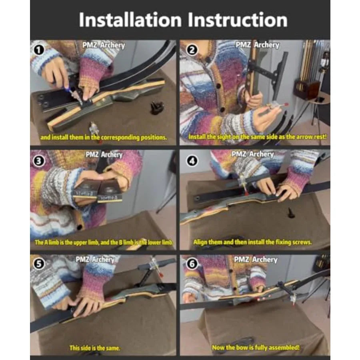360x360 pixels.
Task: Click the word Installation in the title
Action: [130, 20]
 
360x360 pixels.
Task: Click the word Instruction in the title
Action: [238, 20]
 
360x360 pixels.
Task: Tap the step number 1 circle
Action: [38, 50]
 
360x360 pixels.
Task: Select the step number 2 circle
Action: [192, 50]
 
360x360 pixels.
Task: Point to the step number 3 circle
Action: [38, 161]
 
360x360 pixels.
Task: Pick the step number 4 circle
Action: [192, 161]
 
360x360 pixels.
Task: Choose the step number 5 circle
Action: [38, 264]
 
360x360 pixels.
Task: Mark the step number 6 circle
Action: [192, 264]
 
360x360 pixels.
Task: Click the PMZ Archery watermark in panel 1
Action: [104, 45]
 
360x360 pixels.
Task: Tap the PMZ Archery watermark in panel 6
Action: [256, 260]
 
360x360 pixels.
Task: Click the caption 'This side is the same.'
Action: [94, 348]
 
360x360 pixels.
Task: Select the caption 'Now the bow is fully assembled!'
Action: [256, 348]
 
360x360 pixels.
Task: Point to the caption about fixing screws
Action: [252, 242]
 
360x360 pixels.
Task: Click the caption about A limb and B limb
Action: [104, 242]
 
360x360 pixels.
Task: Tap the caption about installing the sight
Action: [257, 137]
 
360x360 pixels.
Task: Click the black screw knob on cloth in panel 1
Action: [157, 108]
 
